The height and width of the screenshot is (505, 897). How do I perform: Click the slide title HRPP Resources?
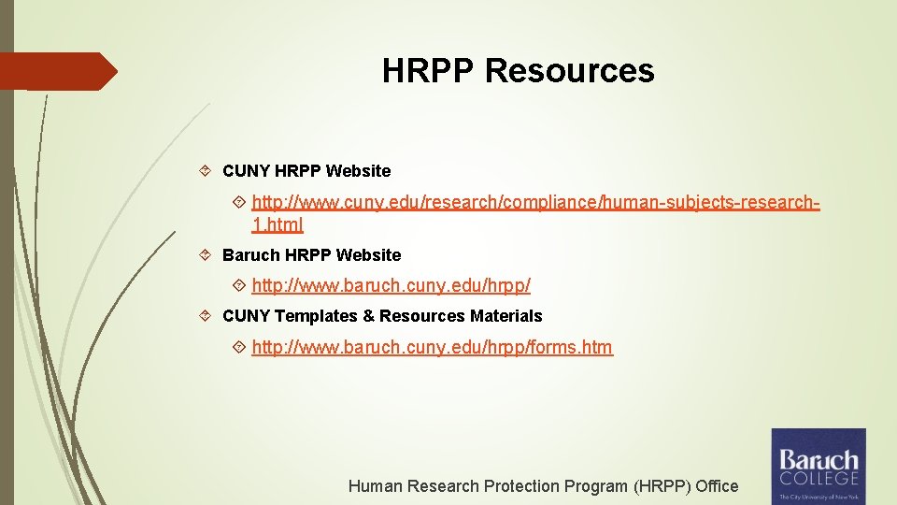518,71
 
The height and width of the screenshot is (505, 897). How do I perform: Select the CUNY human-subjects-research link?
535,201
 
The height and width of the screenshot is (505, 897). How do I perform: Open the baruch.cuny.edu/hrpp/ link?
391,285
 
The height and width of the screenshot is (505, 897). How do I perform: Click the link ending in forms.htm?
432,348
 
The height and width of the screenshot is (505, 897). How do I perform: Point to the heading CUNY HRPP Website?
306,171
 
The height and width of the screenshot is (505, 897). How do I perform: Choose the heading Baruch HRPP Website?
311,255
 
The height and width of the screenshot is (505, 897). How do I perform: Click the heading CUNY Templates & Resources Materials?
382,316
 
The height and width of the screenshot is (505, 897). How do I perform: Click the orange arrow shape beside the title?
61,71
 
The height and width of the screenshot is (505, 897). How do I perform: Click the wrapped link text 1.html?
278,225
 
